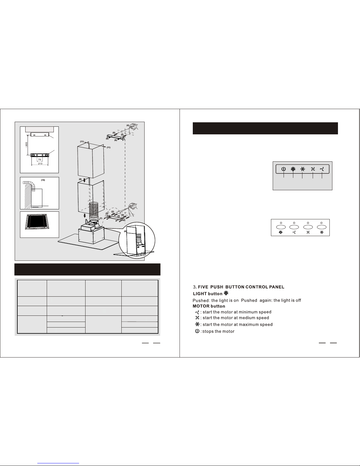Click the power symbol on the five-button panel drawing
[284, 169]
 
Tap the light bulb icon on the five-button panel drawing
[293, 169]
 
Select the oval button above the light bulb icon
[281, 227]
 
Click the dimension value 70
[40, 160]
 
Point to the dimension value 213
[40, 164]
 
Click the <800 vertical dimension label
[26, 145]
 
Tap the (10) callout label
[43, 180]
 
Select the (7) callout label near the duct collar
[101, 218]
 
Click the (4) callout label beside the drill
[128, 125]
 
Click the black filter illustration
[37, 221]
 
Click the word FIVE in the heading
[203, 287]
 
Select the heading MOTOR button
[209, 306]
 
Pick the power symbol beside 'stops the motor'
[197, 331]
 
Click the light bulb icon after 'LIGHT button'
[226, 293]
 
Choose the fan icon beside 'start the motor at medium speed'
[197, 318]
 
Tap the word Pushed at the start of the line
[200, 300]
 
